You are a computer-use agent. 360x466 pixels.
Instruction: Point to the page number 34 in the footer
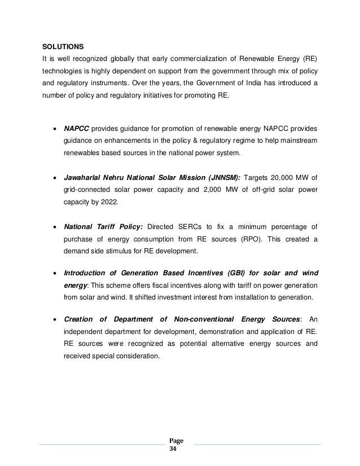coord(173,450)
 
